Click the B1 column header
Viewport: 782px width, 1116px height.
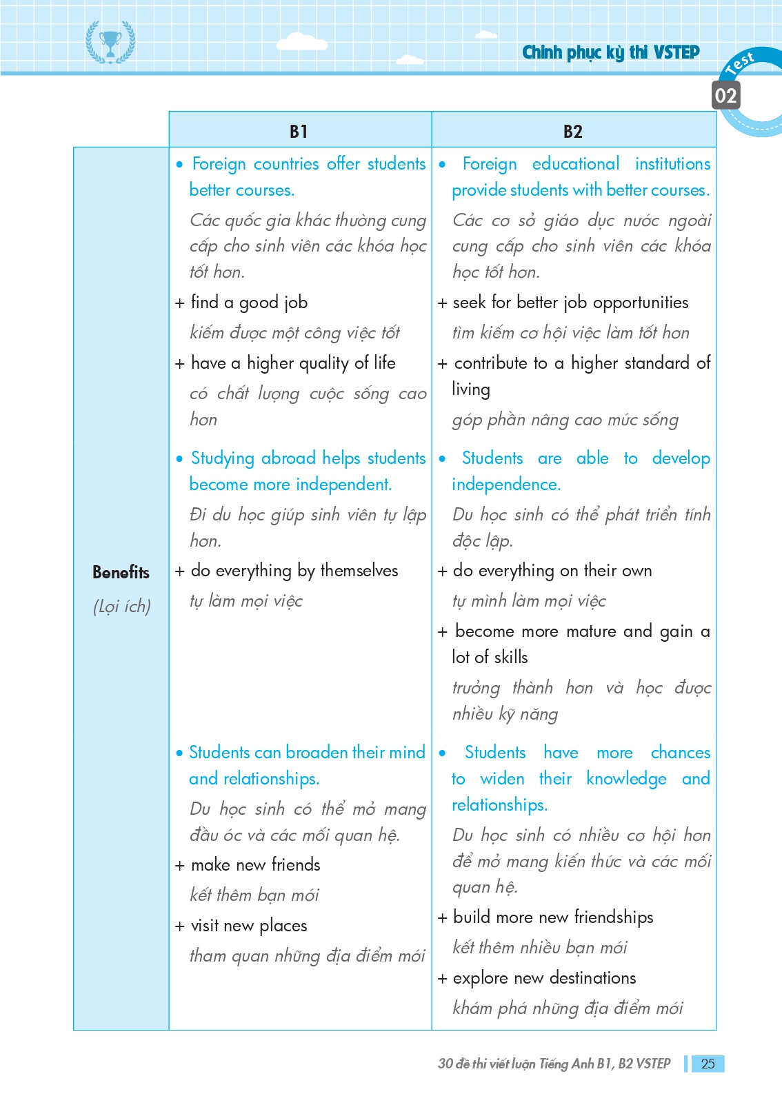click(x=299, y=131)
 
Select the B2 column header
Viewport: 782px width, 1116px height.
click(x=572, y=131)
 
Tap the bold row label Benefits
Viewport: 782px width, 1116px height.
click(x=121, y=572)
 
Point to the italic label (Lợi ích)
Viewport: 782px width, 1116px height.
click(x=121, y=607)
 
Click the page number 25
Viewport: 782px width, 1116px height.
click(x=708, y=1064)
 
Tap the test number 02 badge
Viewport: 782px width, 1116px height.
click(x=725, y=96)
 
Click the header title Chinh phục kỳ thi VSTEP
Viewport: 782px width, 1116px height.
click(x=610, y=52)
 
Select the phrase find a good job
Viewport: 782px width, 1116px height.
click(x=249, y=302)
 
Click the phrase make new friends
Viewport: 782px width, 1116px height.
click(x=255, y=864)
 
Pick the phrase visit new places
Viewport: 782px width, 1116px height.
click(x=248, y=925)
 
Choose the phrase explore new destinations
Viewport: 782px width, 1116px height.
click(x=544, y=977)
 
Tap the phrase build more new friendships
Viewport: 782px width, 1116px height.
click(x=553, y=917)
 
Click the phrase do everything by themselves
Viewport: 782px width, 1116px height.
click(x=294, y=571)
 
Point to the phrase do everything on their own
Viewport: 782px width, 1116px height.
click(x=552, y=571)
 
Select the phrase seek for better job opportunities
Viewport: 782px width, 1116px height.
click(x=570, y=302)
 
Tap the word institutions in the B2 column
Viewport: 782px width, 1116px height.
click(x=672, y=164)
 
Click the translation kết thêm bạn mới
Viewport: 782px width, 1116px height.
click(x=254, y=895)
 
